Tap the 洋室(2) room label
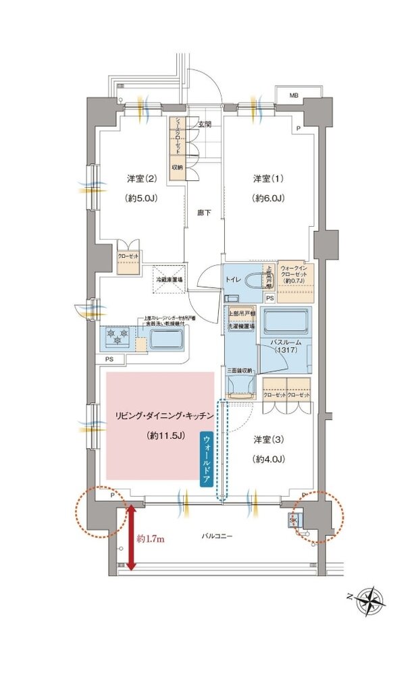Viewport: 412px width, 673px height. [x=141, y=178]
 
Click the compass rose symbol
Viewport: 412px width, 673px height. [x=371, y=598]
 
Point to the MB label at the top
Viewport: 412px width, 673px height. [x=294, y=96]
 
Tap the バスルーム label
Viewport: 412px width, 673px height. [x=285, y=344]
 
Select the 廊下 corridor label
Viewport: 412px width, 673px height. [x=204, y=213]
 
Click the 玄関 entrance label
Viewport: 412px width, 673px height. [x=205, y=124]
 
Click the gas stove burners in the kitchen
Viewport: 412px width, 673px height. [x=119, y=335]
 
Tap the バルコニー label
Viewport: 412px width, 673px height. [x=217, y=535]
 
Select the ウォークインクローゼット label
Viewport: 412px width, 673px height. [x=294, y=272]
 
